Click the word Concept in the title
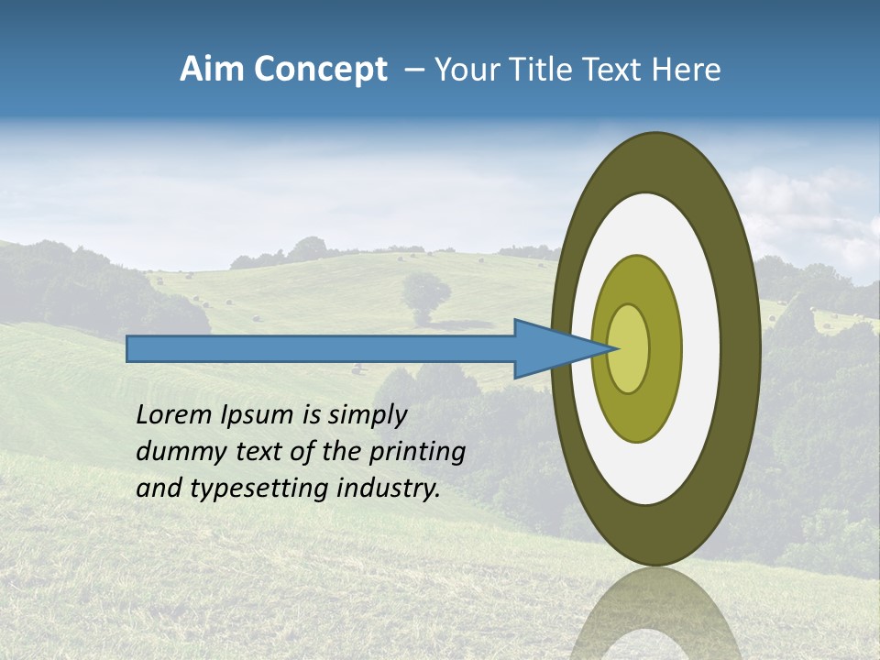(320, 70)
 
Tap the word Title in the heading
(535, 70)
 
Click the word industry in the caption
(389, 489)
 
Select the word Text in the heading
(613, 70)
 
